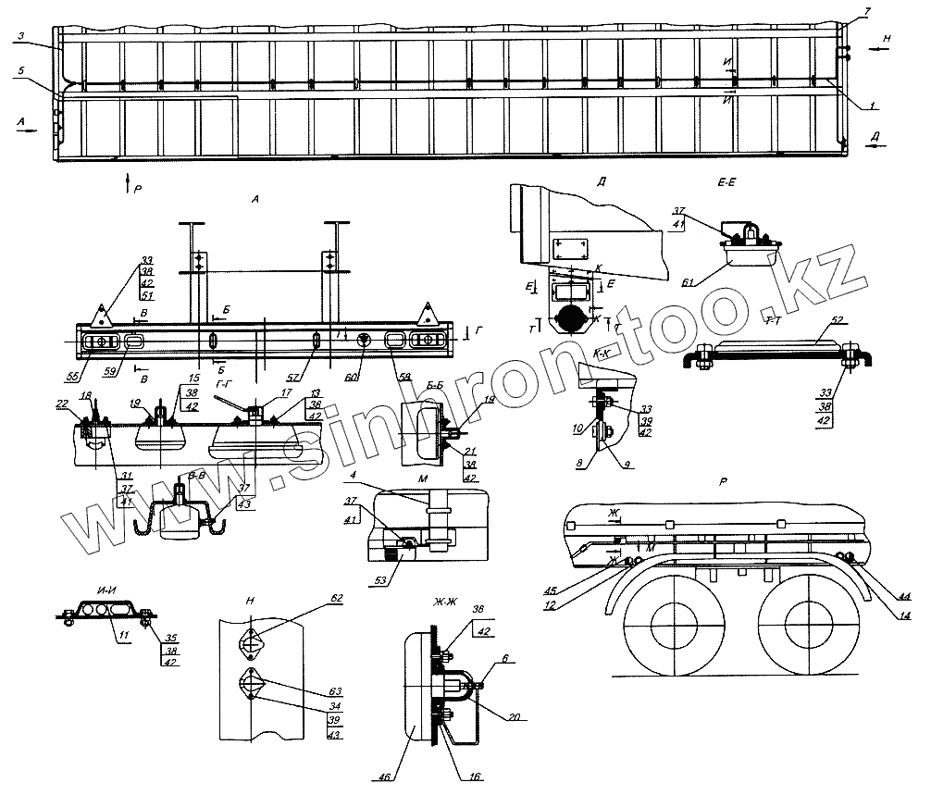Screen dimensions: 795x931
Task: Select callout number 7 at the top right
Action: point(866,10)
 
